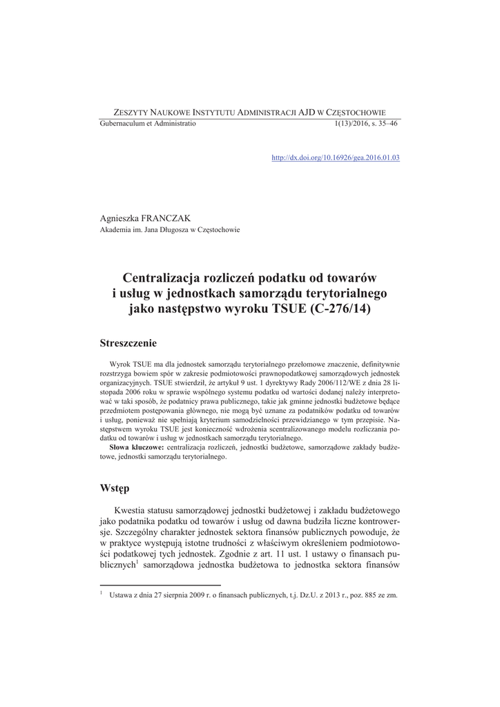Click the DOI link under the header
pos(336,157)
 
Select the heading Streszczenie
pos(128,342)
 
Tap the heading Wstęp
pos(115,488)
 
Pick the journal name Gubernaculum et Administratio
pos(148,123)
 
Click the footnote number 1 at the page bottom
pos(102,592)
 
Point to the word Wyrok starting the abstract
pos(121,363)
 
